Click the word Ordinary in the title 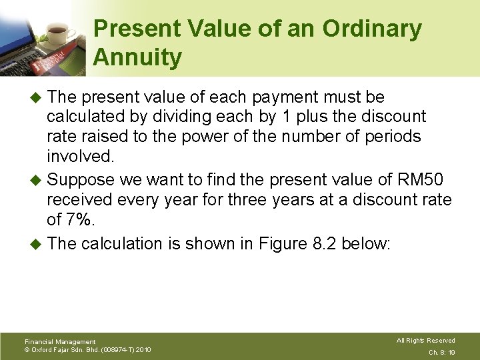click(x=373, y=29)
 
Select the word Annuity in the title click(x=137, y=57)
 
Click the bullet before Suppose click(x=37, y=179)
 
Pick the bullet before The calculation click(x=37, y=243)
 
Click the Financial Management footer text click(x=60, y=341)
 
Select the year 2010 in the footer click(x=143, y=349)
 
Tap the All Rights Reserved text click(x=426, y=341)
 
